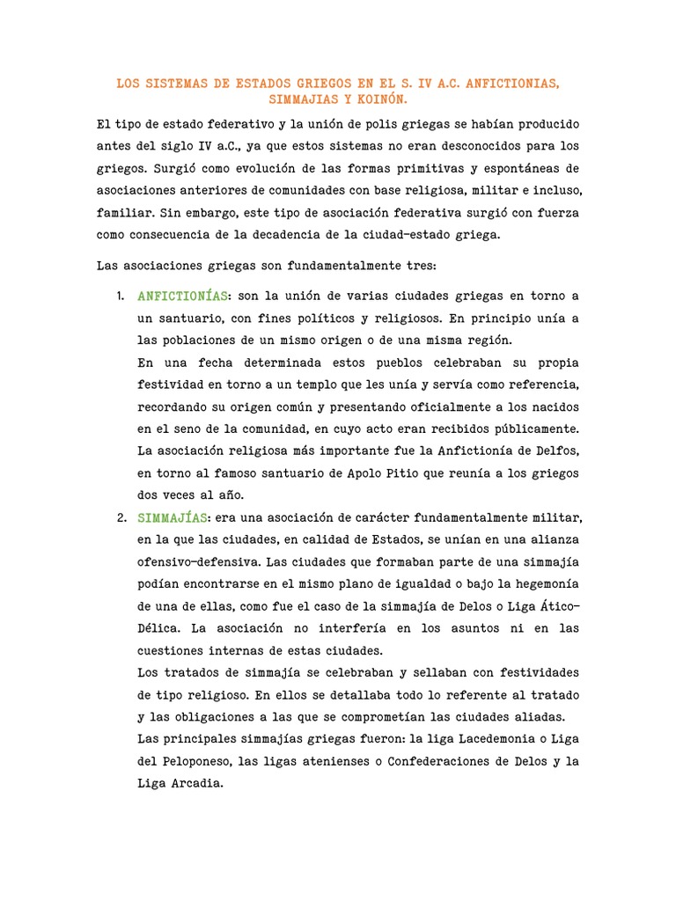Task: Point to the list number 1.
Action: (121, 295)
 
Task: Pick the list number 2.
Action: (122, 516)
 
